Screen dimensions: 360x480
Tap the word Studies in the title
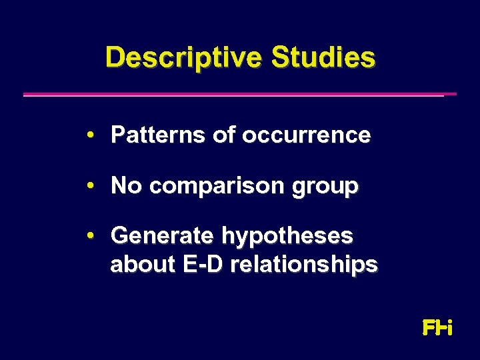coord(323,57)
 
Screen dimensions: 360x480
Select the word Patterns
coord(158,135)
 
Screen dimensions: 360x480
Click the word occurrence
coord(306,135)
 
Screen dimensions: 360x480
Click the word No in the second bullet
coord(127,185)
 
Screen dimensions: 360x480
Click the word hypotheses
coord(287,237)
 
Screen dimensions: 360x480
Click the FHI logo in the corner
coord(437,328)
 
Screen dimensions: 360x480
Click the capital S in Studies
coord(280,57)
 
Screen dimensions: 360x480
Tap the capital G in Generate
coord(121,235)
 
